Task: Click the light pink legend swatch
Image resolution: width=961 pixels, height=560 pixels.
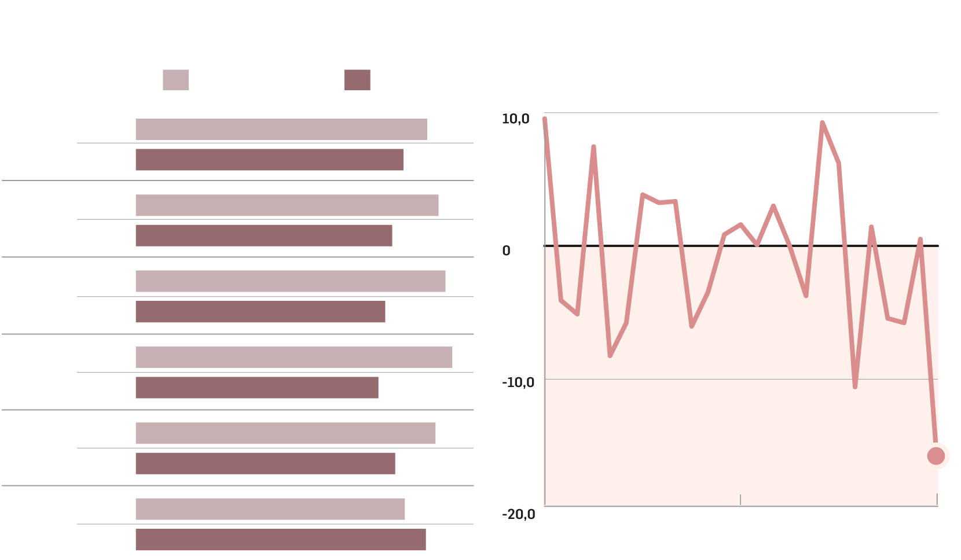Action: click(x=175, y=80)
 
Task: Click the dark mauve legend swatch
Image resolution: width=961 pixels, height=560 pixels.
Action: click(x=357, y=80)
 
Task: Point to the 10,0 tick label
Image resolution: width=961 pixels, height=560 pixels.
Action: click(x=515, y=119)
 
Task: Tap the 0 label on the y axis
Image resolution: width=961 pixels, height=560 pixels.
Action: click(x=507, y=251)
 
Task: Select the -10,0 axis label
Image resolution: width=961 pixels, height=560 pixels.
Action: click(x=518, y=382)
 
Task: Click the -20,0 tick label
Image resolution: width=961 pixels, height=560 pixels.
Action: click(x=518, y=514)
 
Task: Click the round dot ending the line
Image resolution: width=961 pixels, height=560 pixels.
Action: click(x=936, y=456)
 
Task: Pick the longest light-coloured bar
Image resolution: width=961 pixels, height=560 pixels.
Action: click(x=294, y=357)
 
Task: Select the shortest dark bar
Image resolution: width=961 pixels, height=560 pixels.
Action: click(x=257, y=388)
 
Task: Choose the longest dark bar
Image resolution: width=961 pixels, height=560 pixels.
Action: click(x=281, y=539)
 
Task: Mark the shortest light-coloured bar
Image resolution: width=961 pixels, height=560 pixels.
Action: click(x=270, y=509)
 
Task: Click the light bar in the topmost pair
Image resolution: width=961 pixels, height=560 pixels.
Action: click(x=281, y=129)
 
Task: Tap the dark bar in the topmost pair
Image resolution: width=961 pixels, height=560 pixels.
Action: click(x=269, y=160)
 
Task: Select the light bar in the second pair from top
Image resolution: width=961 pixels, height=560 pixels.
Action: click(x=287, y=205)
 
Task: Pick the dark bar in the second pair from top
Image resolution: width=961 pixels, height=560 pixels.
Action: click(x=263, y=235)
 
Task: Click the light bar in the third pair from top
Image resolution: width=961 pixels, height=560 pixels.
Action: click(x=290, y=281)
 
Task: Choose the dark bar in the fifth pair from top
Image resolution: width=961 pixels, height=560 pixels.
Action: click(x=265, y=463)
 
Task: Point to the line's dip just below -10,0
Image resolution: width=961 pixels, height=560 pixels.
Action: click(x=854, y=386)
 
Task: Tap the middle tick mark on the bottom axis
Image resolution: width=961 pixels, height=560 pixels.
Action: click(x=740, y=500)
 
